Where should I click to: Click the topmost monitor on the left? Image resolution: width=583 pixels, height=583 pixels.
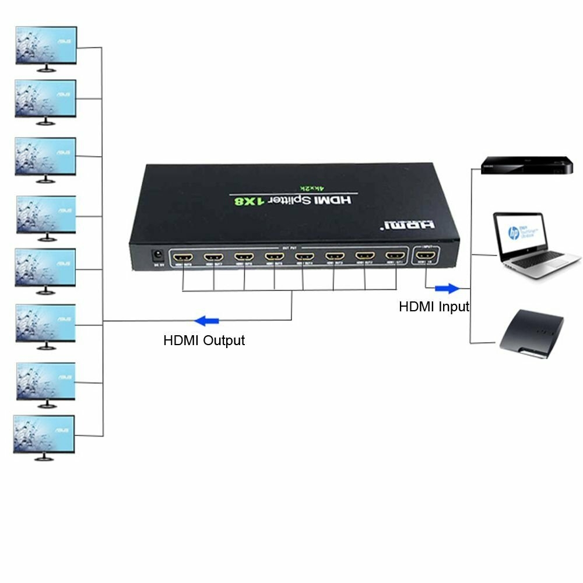(x=46, y=45)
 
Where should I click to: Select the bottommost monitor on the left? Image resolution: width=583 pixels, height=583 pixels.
(x=44, y=434)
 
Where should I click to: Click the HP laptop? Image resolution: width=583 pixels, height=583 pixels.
(x=527, y=244)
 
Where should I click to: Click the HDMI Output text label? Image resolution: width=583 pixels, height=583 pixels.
(x=204, y=340)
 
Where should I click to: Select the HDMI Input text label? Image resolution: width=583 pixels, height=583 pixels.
(x=434, y=307)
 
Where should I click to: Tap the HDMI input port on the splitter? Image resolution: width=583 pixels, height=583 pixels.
(x=426, y=256)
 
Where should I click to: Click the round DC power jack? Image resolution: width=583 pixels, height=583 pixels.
(x=156, y=255)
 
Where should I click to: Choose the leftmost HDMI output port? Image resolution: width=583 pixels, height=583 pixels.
(x=182, y=257)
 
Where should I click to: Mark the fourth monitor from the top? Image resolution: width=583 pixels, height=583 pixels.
(x=45, y=215)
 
